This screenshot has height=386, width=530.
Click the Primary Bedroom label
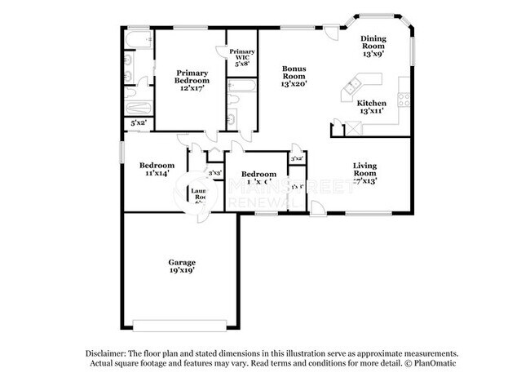click(192, 82)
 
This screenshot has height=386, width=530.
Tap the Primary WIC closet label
click(241, 57)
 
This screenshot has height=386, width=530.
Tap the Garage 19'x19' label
click(182, 267)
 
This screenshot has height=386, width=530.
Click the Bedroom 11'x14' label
click(155, 169)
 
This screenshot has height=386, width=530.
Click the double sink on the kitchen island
click(355, 84)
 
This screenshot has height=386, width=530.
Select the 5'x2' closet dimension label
click(138, 122)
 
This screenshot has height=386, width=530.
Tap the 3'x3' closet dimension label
click(215, 173)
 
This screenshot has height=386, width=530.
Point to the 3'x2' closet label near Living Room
click(298, 158)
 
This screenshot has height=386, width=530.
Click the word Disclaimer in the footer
click(113, 353)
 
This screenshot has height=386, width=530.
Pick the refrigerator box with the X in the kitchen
click(354, 127)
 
